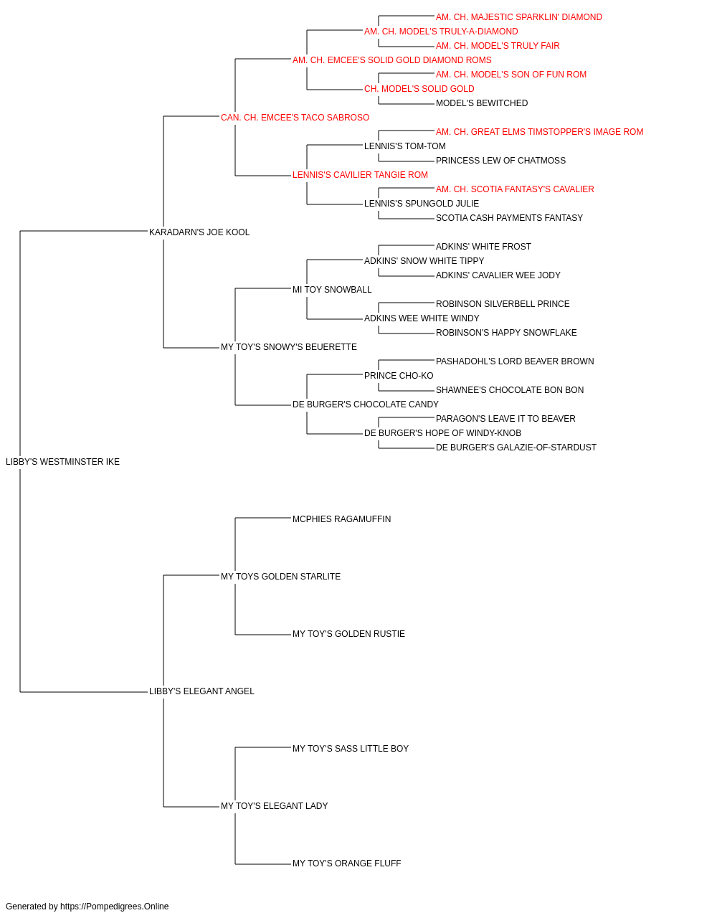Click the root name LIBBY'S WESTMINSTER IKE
click(62, 462)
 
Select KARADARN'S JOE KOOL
click(199, 232)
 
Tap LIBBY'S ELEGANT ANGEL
click(201, 691)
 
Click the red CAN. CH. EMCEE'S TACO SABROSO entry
click(295, 118)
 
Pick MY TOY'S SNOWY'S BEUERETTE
click(289, 347)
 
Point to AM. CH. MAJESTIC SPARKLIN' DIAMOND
click(519, 17)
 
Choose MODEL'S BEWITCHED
click(482, 103)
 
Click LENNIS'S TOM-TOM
click(405, 146)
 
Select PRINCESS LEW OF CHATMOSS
click(500, 161)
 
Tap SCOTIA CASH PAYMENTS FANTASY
click(509, 218)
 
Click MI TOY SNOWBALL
click(332, 290)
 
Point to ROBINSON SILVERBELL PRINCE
click(503, 304)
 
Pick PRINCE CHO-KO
click(399, 376)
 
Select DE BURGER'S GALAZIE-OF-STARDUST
click(516, 448)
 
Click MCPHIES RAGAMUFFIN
click(341, 519)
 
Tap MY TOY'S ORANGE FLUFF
click(347, 863)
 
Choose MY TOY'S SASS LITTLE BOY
click(351, 749)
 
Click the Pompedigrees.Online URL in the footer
click(114, 907)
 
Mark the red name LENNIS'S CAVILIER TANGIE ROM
click(360, 175)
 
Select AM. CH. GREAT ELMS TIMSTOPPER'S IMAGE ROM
click(540, 132)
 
